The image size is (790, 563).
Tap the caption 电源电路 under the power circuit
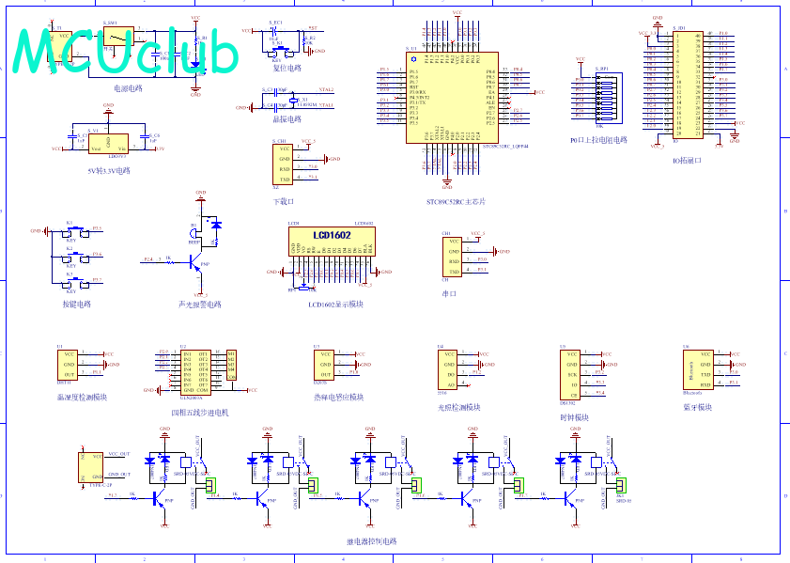[128, 88]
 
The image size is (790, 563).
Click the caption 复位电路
[287, 68]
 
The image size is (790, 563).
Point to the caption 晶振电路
[287, 119]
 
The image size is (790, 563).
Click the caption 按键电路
[77, 304]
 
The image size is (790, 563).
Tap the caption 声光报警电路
[200, 305]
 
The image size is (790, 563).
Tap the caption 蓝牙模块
[697, 407]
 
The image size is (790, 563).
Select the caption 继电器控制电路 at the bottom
[372, 541]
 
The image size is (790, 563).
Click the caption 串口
[448, 294]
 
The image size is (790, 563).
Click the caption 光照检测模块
[459, 407]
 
